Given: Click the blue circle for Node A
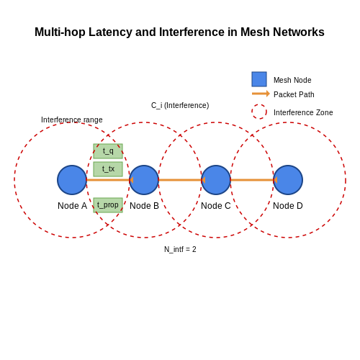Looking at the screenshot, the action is pyautogui.click(x=72, y=180).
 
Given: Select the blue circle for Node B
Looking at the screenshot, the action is pyautogui.click(x=144, y=180).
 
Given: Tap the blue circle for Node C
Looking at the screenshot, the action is pyautogui.click(x=216, y=180).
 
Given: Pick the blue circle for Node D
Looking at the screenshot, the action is pyautogui.click(x=288, y=180).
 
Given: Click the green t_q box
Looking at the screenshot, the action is pyautogui.click(x=108, y=151).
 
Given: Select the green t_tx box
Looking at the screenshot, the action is pyautogui.click(x=108, y=169).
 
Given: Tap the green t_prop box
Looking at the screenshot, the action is pyautogui.click(x=108, y=205).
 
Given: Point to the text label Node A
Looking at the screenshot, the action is pyautogui.click(x=72, y=206).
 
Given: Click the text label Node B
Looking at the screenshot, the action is pyautogui.click(x=144, y=206).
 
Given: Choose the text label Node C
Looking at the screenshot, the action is pyautogui.click(x=216, y=206).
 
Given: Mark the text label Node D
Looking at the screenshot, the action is pyautogui.click(x=288, y=206).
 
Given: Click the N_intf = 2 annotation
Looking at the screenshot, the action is pyautogui.click(x=180, y=249).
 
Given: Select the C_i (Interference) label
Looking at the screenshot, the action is pyautogui.click(x=180, y=105).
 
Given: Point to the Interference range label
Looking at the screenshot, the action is pyautogui.click(x=72, y=120).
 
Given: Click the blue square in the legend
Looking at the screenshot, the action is pyautogui.click(x=259, y=79).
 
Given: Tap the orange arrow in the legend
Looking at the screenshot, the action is pyautogui.click(x=261, y=94).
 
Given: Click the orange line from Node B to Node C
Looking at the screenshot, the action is pyautogui.click(x=180, y=180).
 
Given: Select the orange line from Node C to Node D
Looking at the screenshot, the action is pyautogui.click(x=252, y=180).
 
